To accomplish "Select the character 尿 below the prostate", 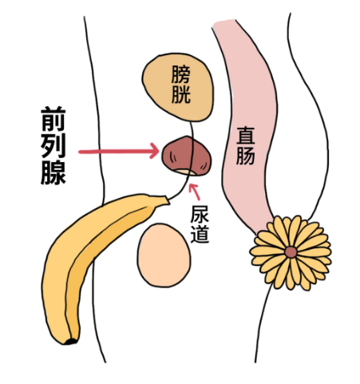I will click(201, 215).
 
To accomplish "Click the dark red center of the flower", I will click(291, 252).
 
